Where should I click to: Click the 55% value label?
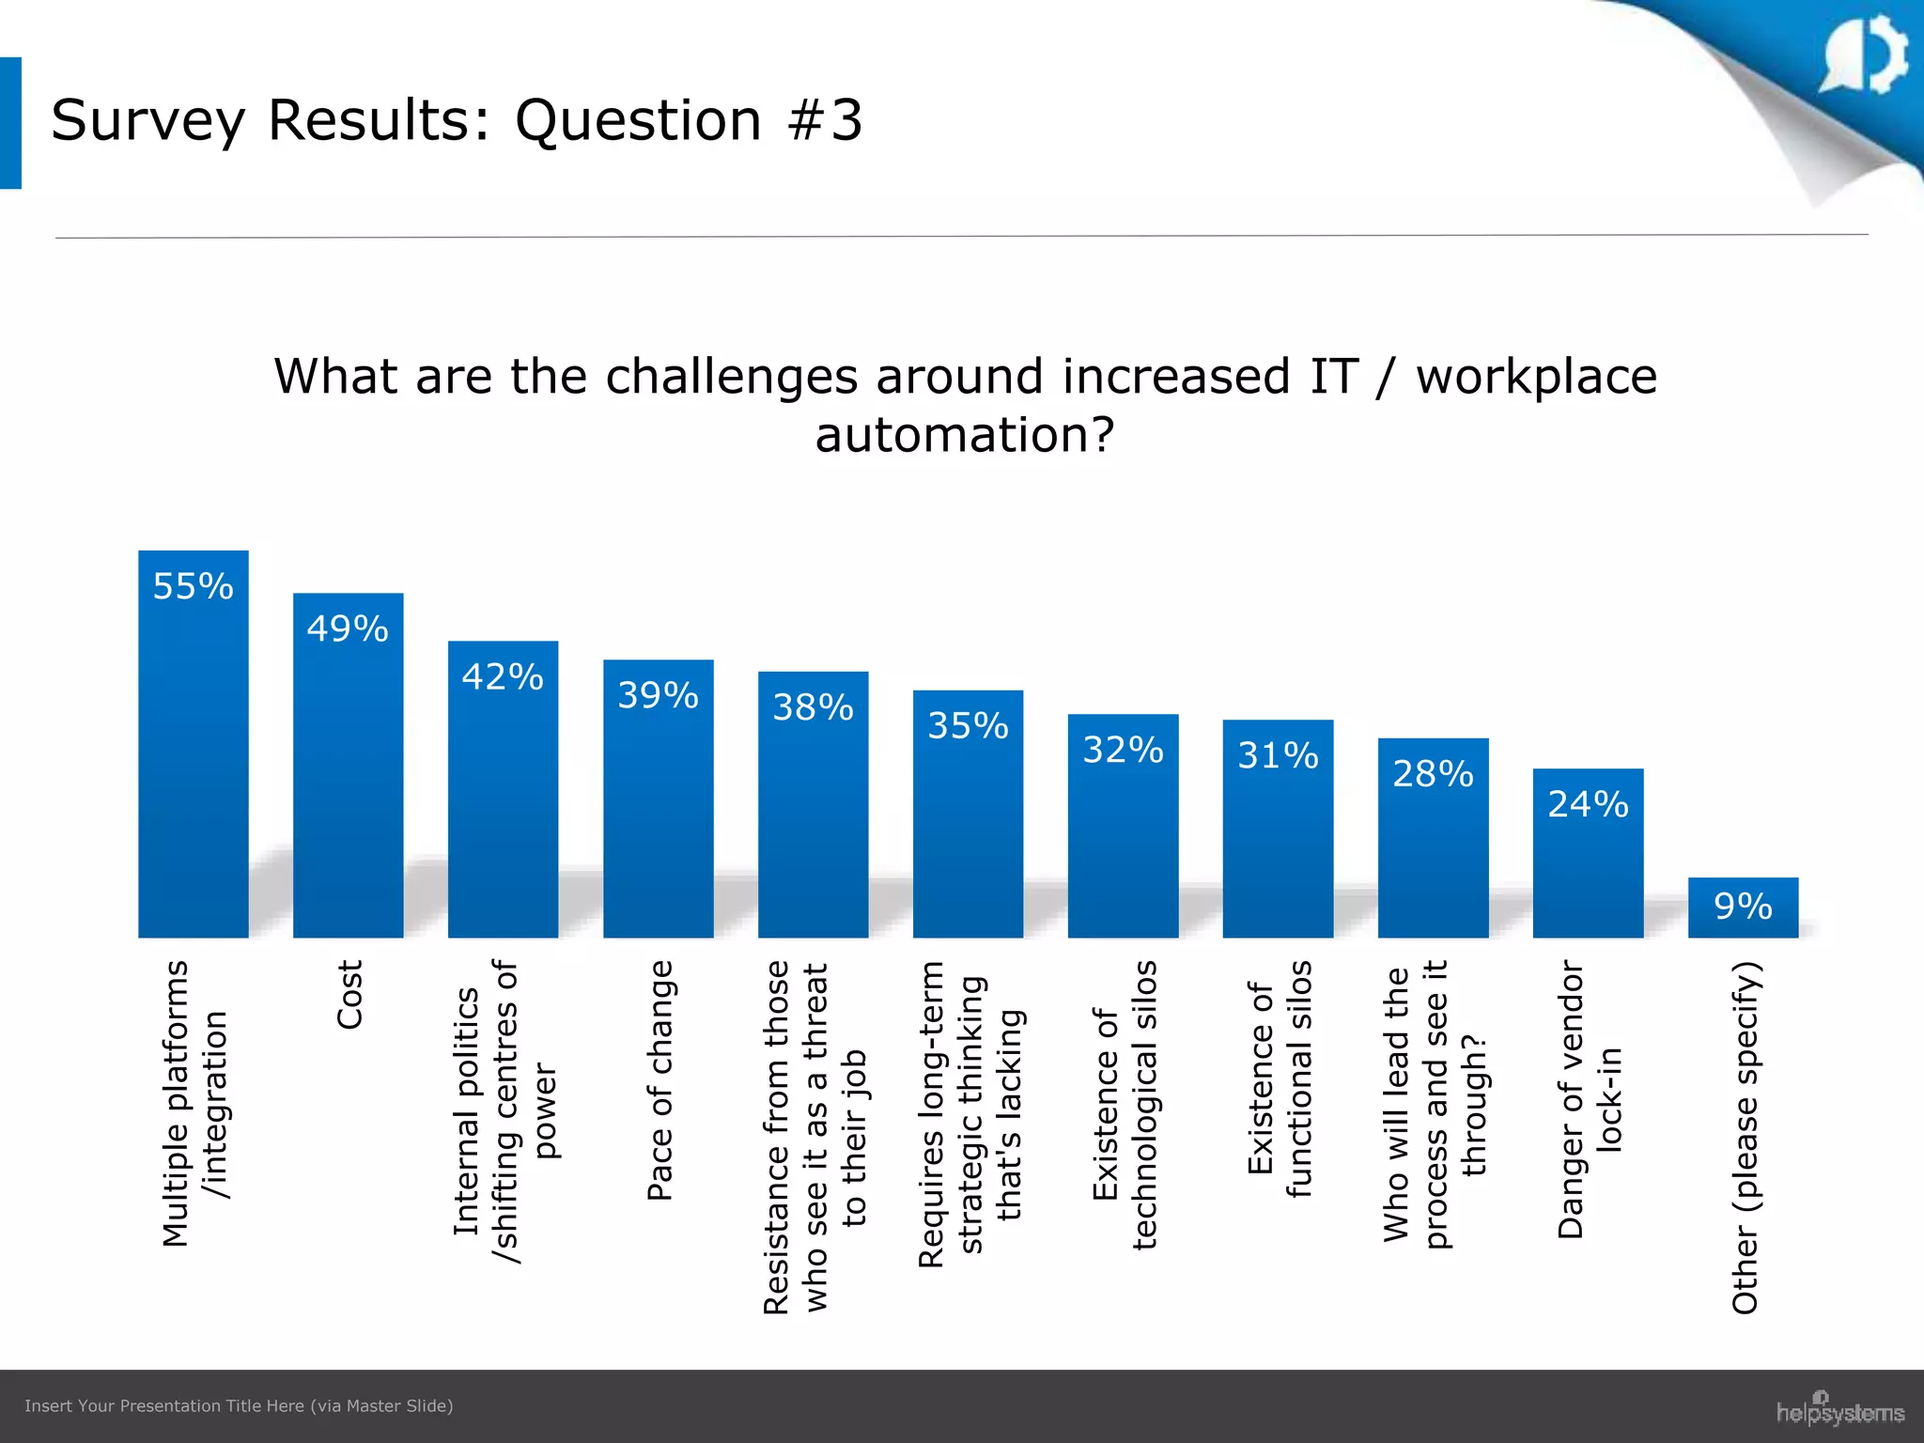click(x=193, y=586)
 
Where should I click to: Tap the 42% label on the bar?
click(x=503, y=676)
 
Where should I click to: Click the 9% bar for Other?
click(x=1743, y=908)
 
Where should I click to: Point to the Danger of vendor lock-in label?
click(x=1589, y=1099)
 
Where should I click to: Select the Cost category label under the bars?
click(x=349, y=994)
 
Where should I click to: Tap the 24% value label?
click(x=1588, y=804)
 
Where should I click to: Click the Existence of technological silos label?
click(x=1125, y=1104)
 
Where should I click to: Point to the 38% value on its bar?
click(x=813, y=707)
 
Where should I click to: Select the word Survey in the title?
click(x=148, y=120)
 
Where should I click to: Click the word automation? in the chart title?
click(x=965, y=435)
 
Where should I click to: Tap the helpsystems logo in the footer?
click(x=1839, y=1410)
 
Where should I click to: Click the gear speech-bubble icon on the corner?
click(x=1865, y=54)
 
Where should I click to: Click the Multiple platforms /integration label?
click(x=194, y=1104)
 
